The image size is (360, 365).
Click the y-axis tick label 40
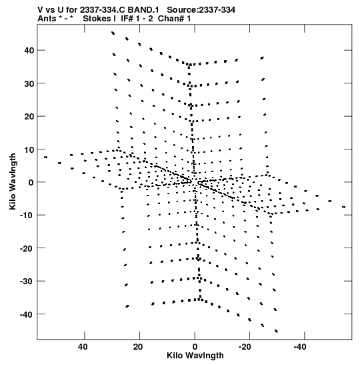[29, 50]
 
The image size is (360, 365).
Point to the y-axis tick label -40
[27, 314]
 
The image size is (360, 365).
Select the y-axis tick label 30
[29, 83]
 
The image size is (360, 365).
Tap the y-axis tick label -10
[27, 216]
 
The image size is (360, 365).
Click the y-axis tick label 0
[31, 182]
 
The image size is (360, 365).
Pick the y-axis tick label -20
[27, 248]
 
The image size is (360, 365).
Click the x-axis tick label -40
[300, 347]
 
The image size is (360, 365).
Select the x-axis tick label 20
[138, 347]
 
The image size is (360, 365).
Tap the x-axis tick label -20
[245, 347]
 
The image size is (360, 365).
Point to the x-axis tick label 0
[195, 347]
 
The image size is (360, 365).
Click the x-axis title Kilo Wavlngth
[195, 356]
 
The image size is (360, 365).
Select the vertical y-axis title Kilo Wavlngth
[13, 181]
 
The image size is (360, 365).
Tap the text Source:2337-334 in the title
[201, 10]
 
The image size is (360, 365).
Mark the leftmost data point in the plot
[45, 157]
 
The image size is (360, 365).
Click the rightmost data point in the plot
[344, 207]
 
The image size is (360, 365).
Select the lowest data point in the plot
[276, 331]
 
